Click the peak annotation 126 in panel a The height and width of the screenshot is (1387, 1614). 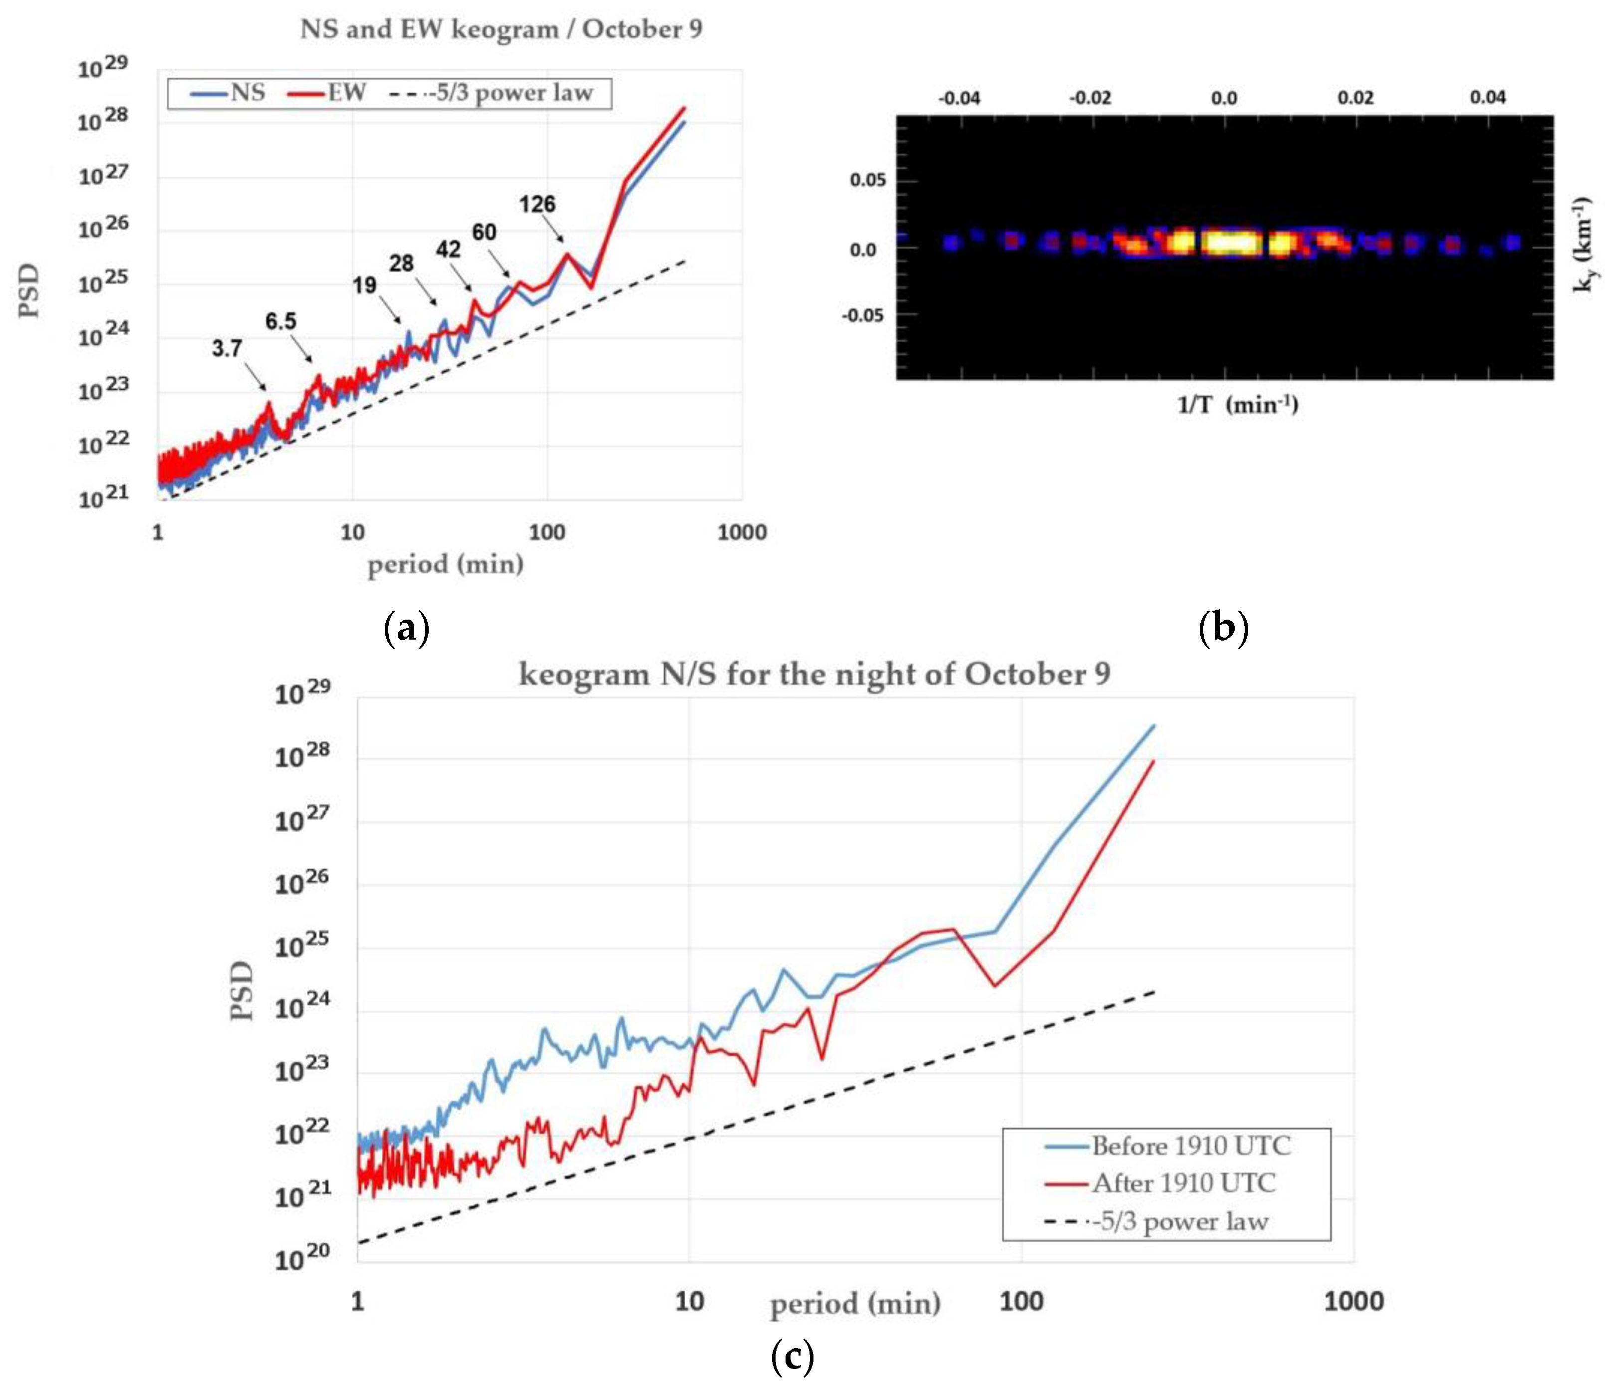click(x=537, y=204)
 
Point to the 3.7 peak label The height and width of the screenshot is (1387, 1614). click(x=227, y=348)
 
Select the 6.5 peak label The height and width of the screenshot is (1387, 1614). click(x=280, y=321)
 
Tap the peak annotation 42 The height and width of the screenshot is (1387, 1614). click(x=448, y=249)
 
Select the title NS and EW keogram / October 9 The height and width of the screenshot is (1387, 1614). click(x=501, y=29)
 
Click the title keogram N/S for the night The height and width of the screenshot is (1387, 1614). click(x=814, y=674)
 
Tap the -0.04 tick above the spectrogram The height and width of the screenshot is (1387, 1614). click(x=959, y=98)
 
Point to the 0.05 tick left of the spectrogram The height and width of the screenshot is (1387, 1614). click(x=868, y=180)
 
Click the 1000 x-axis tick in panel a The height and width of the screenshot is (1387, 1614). click(x=742, y=533)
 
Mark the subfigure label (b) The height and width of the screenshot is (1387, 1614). click(x=1223, y=628)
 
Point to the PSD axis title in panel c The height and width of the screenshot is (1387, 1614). click(x=242, y=990)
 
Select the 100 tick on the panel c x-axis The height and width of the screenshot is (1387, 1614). click(x=1021, y=1301)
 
